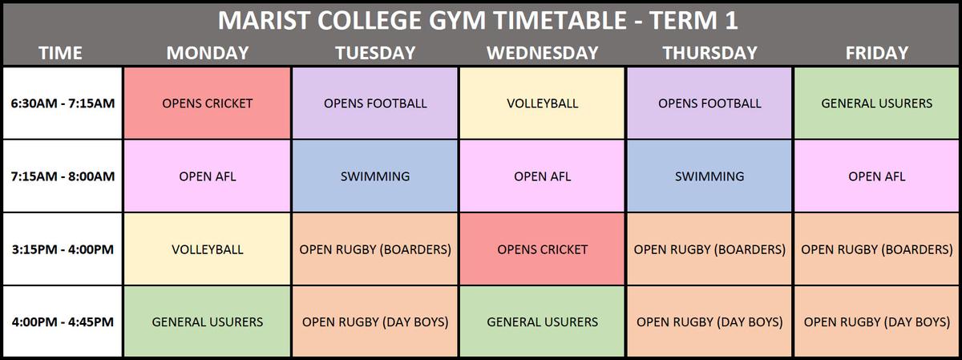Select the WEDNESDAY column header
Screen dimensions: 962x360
click(543, 53)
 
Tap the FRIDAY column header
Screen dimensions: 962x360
click(877, 53)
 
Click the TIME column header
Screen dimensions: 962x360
click(61, 53)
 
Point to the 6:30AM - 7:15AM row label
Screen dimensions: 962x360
click(63, 103)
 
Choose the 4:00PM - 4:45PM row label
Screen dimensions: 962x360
click(63, 322)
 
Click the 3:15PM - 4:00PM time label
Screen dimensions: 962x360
click(63, 249)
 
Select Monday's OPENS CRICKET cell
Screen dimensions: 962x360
click(208, 103)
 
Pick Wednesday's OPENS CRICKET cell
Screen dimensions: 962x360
click(542, 249)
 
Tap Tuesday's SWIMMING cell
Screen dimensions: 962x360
click(375, 176)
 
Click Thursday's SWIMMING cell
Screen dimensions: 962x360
click(709, 176)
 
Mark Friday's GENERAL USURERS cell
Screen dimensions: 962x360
click(877, 103)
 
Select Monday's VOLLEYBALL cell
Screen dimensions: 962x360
click(208, 249)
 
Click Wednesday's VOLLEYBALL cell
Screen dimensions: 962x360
click(542, 103)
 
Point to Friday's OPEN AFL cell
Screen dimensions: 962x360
click(877, 176)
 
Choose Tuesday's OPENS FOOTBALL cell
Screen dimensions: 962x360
click(375, 103)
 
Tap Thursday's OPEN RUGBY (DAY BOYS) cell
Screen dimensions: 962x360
click(709, 322)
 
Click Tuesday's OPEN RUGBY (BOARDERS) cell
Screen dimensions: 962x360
click(375, 249)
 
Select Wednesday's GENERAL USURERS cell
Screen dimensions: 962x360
click(542, 322)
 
